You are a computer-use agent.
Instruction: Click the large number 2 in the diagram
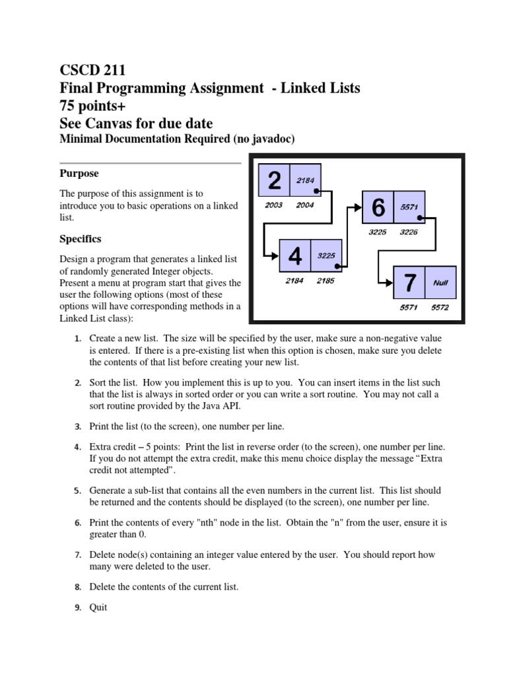pyautogui.click(x=275, y=180)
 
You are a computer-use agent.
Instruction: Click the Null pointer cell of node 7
pyautogui.click(x=440, y=283)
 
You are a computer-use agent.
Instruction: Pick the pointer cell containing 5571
pyautogui.click(x=409, y=207)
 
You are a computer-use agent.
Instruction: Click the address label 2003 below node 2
pyautogui.click(x=273, y=205)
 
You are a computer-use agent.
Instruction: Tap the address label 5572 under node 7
pyautogui.click(x=440, y=308)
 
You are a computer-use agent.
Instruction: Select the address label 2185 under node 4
pyautogui.click(x=325, y=281)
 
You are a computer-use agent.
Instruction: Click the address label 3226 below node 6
pyautogui.click(x=409, y=232)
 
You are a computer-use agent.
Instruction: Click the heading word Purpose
pyautogui.click(x=79, y=174)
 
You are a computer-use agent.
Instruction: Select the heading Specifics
pyautogui.click(x=81, y=238)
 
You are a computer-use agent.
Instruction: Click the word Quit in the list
pyautogui.click(x=98, y=608)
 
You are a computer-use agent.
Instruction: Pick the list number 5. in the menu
pyautogui.click(x=77, y=492)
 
